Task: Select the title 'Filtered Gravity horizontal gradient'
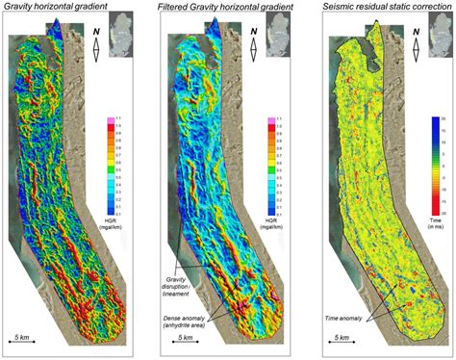[221, 8]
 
